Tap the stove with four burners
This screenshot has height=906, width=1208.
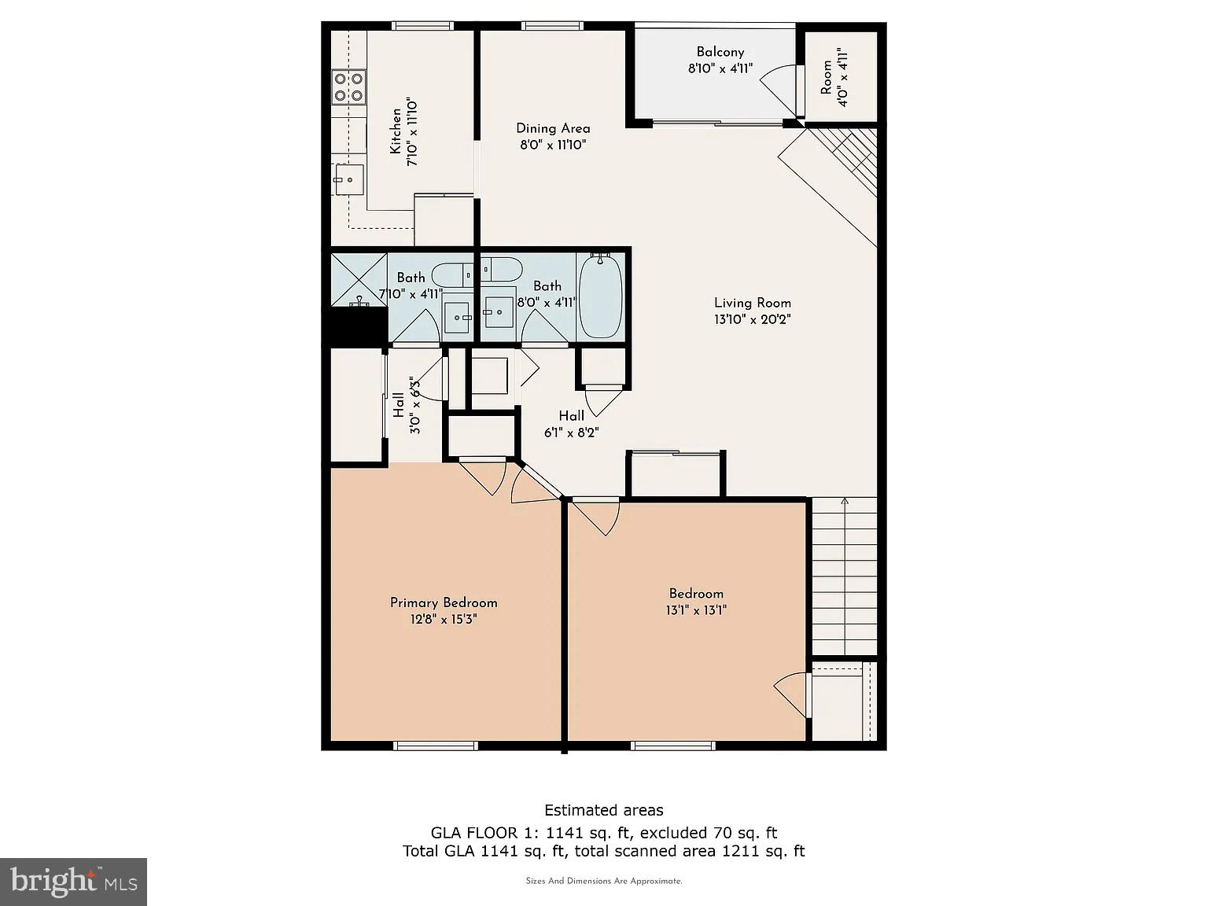[348, 87]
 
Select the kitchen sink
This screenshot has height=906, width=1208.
[348, 179]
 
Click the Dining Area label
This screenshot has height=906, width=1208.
[553, 128]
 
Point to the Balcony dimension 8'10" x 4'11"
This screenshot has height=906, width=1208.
[720, 68]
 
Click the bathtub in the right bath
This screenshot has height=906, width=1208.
[600, 296]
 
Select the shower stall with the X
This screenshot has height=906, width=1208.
[359, 279]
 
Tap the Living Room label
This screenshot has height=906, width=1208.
[752, 303]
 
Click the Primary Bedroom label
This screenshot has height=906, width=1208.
[444, 602]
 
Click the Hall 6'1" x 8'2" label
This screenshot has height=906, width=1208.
[571, 424]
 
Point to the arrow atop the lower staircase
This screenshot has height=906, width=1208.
[845, 501]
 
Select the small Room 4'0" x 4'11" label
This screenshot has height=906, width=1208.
[834, 77]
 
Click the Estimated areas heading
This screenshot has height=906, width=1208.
[604, 810]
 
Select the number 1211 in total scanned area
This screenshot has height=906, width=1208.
[739, 851]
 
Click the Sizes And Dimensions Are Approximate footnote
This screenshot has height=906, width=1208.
[604, 882]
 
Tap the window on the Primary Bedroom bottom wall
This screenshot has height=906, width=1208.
[436, 746]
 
